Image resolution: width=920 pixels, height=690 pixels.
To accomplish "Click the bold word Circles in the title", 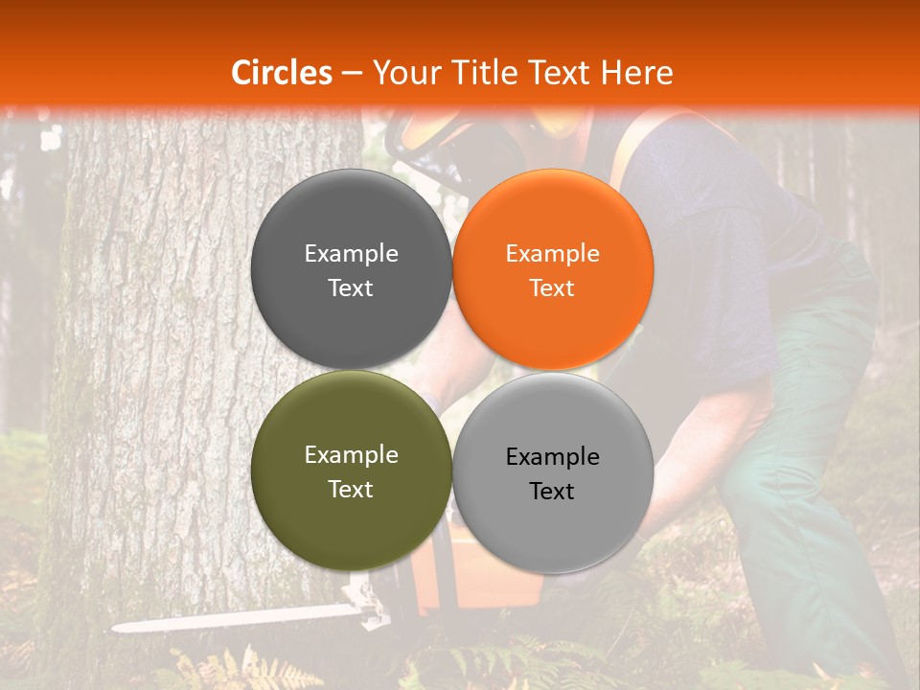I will [282, 73].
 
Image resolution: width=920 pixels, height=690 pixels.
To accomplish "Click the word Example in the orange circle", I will [552, 254].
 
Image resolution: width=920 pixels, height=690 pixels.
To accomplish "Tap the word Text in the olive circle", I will [351, 489].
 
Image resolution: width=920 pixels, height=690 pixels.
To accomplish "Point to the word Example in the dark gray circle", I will [351, 254].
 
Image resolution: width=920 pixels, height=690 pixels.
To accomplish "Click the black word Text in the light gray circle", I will [552, 491].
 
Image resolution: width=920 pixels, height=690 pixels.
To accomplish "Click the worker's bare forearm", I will [709, 431].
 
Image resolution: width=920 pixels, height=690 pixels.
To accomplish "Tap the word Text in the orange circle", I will [552, 288].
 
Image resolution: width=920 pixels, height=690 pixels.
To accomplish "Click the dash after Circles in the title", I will [352, 73].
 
